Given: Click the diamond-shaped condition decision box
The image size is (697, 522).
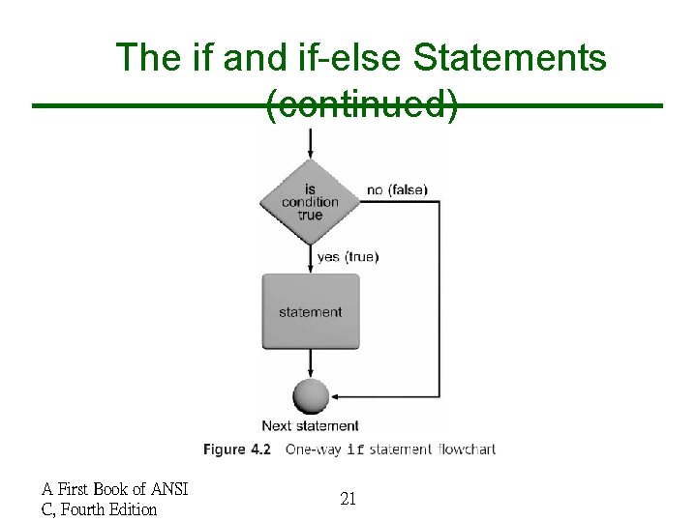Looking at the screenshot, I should [310, 202].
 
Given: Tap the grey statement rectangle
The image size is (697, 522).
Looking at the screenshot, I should [310, 311].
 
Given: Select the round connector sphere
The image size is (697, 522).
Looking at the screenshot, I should [310, 396].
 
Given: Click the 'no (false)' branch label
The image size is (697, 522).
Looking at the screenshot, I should [397, 189].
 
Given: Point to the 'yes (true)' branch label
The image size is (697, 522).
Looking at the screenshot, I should [348, 256].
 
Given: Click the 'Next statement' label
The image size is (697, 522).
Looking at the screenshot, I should [310, 425].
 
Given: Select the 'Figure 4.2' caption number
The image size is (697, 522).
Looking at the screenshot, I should [237, 449].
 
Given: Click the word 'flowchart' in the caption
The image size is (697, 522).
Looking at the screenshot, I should [466, 449].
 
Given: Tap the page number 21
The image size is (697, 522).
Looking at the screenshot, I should [348, 499].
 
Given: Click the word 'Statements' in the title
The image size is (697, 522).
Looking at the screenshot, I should [509, 58].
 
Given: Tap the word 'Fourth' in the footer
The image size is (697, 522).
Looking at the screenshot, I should [83, 508].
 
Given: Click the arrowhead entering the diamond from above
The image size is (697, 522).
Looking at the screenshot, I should [310, 154].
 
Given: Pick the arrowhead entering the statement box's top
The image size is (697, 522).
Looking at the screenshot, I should [310, 269].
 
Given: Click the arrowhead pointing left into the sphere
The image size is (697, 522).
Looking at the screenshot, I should [335, 396].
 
